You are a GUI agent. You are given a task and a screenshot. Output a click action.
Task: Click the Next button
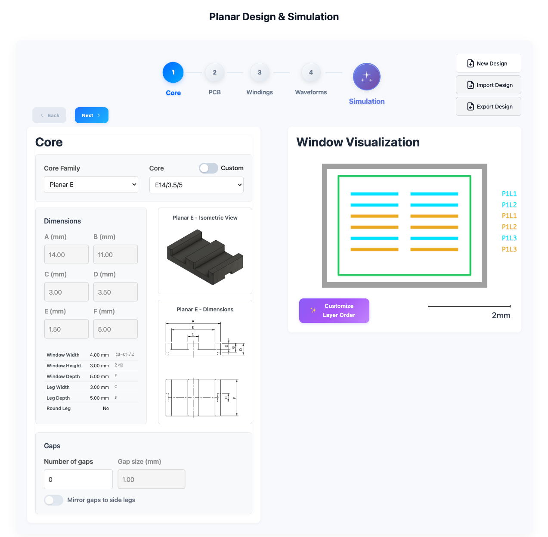pyautogui.click(x=91, y=115)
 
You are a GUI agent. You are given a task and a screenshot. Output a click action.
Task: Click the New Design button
pyautogui.click(x=488, y=63)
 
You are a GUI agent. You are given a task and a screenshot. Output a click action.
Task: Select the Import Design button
pyautogui.click(x=488, y=85)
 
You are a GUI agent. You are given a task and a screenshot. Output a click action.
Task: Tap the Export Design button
pyautogui.click(x=488, y=106)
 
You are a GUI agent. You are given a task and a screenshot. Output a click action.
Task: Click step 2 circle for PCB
pyautogui.click(x=214, y=73)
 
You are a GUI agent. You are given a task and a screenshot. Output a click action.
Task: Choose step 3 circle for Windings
pyautogui.click(x=260, y=73)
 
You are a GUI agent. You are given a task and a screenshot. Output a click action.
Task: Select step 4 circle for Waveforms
pyautogui.click(x=311, y=73)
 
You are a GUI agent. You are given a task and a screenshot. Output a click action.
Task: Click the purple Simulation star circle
pyautogui.click(x=366, y=77)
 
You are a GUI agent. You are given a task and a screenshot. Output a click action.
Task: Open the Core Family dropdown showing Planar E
pyautogui.click(x=91, y=185)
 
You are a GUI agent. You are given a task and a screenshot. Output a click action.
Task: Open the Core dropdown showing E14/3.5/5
pyautogui.click(x=196, y=185)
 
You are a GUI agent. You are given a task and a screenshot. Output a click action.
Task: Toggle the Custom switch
pyautogui.click(x=208, y=168)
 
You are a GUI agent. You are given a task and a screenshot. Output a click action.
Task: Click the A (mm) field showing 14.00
pyautogui.click(x=66, y=255)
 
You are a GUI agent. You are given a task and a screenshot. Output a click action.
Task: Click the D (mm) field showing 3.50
pyautogui.click(x=115, y=292)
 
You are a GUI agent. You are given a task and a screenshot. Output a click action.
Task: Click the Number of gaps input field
pyautogui.click(x=78, y=479)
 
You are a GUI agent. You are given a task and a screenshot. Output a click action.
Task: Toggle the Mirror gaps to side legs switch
pyautogui.click(x=54, y=500)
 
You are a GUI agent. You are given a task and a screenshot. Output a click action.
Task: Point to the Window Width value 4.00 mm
pyautogui.click(x=99, y=355)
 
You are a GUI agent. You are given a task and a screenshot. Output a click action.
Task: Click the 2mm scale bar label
pyautogui.click(x=501, y=315)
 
